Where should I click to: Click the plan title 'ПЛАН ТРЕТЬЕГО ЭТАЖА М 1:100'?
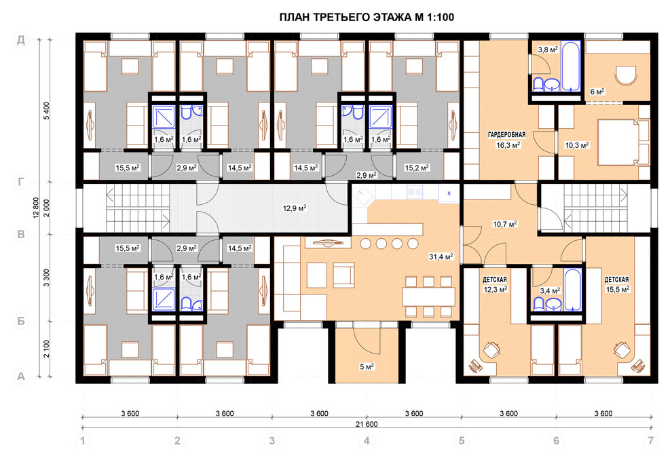pos(367,18)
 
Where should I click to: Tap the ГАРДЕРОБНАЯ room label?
pos(506,135)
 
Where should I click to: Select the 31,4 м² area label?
pos(441,257)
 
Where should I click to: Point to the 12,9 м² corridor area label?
pos(295,208)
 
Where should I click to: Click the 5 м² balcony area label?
pos(367,366)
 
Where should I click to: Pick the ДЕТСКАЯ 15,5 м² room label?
pos(617,284)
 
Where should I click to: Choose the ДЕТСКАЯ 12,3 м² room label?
pos(495,284)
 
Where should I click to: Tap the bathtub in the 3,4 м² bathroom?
pos(573,289)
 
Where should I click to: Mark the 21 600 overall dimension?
pos(367,425)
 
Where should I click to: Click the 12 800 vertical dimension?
pos(36,208)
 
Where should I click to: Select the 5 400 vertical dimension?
pos(46,111)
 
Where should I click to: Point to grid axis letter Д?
pos(21,40)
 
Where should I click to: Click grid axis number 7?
pos(651,440)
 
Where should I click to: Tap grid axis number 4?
pos(367,440)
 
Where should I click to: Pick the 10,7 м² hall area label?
pos(505,224)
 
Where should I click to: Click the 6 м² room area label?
pos(597,92)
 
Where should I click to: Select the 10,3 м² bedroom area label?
pos(577,145)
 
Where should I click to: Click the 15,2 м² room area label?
pos(417,168)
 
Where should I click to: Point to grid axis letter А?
pos(21,377)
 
